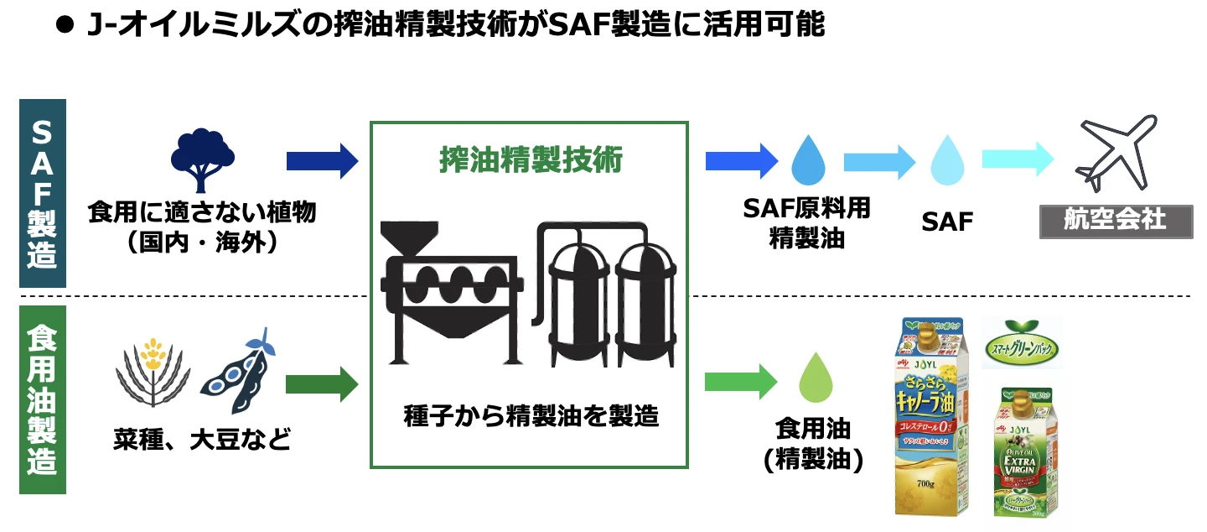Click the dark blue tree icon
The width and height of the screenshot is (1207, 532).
click(202, 159)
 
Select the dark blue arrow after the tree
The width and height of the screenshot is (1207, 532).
click(322, 160)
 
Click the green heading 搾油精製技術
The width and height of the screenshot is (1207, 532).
click(531, 159)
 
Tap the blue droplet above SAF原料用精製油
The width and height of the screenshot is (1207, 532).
click(808, 161)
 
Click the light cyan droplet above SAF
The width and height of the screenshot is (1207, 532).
click(947, 161)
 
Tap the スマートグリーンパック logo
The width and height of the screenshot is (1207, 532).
click(1021, 342)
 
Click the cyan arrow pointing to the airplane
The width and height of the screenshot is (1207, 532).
click(1017, 159)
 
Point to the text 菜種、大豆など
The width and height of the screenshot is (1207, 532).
click(202, 439)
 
